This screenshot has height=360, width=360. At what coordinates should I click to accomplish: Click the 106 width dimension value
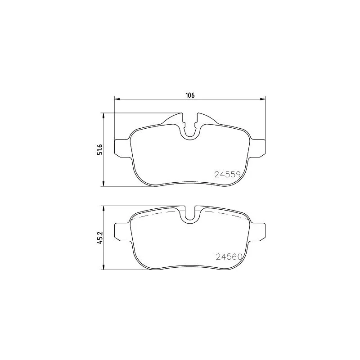[190, 95]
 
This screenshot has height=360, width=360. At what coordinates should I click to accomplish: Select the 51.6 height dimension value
[99, 149]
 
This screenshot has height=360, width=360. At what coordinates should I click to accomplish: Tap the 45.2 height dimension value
[99, 238]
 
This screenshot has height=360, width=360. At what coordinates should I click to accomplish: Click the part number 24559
[227, 175]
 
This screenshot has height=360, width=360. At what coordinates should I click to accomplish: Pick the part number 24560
[229, 256]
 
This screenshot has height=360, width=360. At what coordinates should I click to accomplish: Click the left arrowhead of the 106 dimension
[117, 99]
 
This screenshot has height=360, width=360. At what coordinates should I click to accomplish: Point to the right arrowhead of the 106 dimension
[262, 99]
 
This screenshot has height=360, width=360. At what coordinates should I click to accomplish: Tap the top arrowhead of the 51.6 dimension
[103, 116]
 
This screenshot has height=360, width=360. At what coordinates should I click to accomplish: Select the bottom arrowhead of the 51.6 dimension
[103, 184]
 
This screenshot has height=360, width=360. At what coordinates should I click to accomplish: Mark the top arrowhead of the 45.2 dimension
[103, 209]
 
